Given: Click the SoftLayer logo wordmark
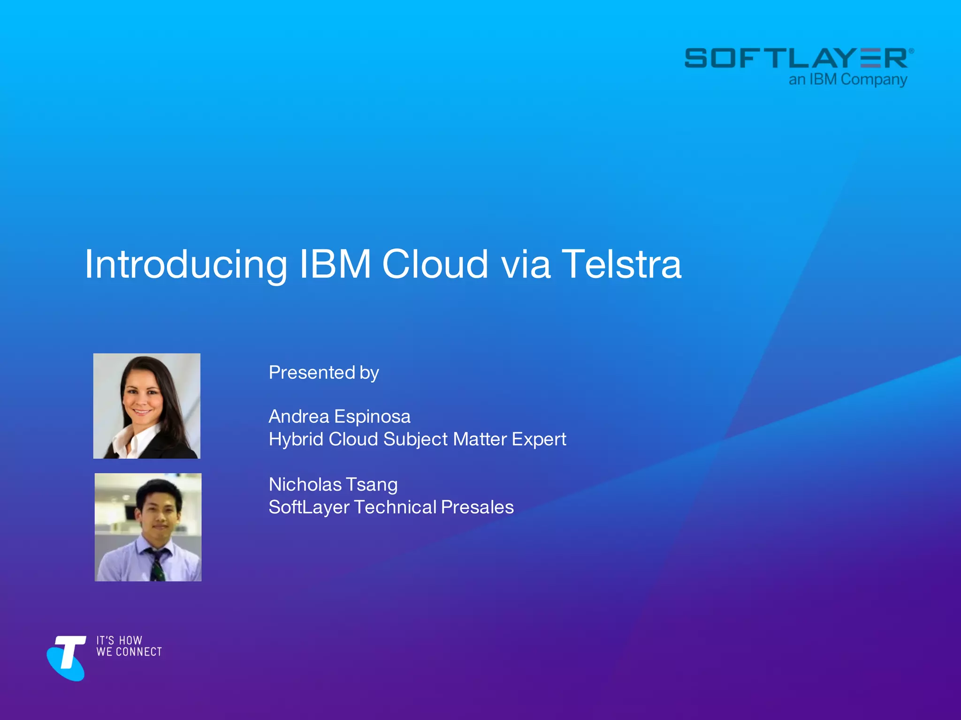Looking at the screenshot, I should click(x=798, y=58).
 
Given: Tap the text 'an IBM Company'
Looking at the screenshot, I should click(x=847, y=80).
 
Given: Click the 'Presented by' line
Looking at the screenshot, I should click(x=323, y=373).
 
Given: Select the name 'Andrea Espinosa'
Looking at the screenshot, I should click(x=339, y=416).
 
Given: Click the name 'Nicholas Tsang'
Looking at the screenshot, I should click(x=333, y=484).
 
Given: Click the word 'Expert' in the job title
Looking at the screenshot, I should click(x=539, y=439).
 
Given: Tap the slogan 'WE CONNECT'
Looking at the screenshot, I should click(x=129, y=652).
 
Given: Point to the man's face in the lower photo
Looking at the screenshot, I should click(x=159, y=513).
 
